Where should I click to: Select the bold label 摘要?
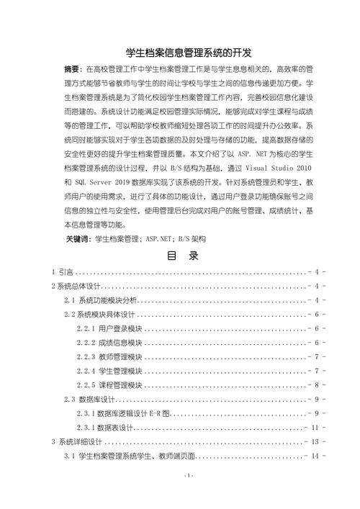point(74,69)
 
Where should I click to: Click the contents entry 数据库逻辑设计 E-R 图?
point(132,414)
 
